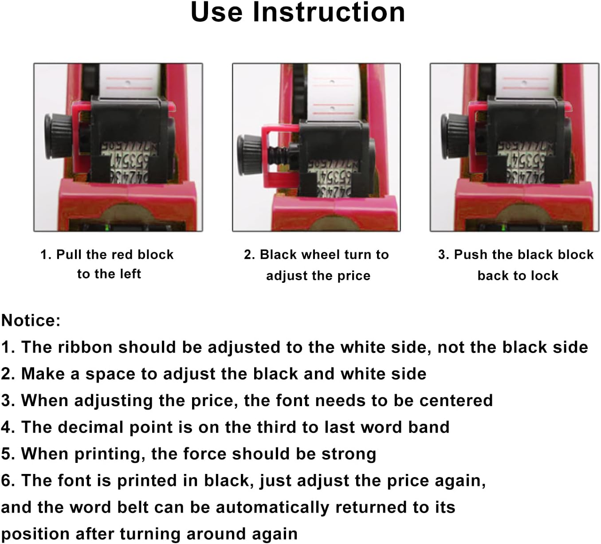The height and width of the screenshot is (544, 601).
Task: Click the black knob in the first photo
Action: tap(56, 135)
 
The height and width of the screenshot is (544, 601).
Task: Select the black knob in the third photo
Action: tap(453, 135)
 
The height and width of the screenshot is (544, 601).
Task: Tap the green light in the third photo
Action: tap(503, 228)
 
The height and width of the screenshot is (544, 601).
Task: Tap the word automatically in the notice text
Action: tap(272, 507)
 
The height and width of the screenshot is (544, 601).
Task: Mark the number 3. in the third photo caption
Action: tap(444, 255)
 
